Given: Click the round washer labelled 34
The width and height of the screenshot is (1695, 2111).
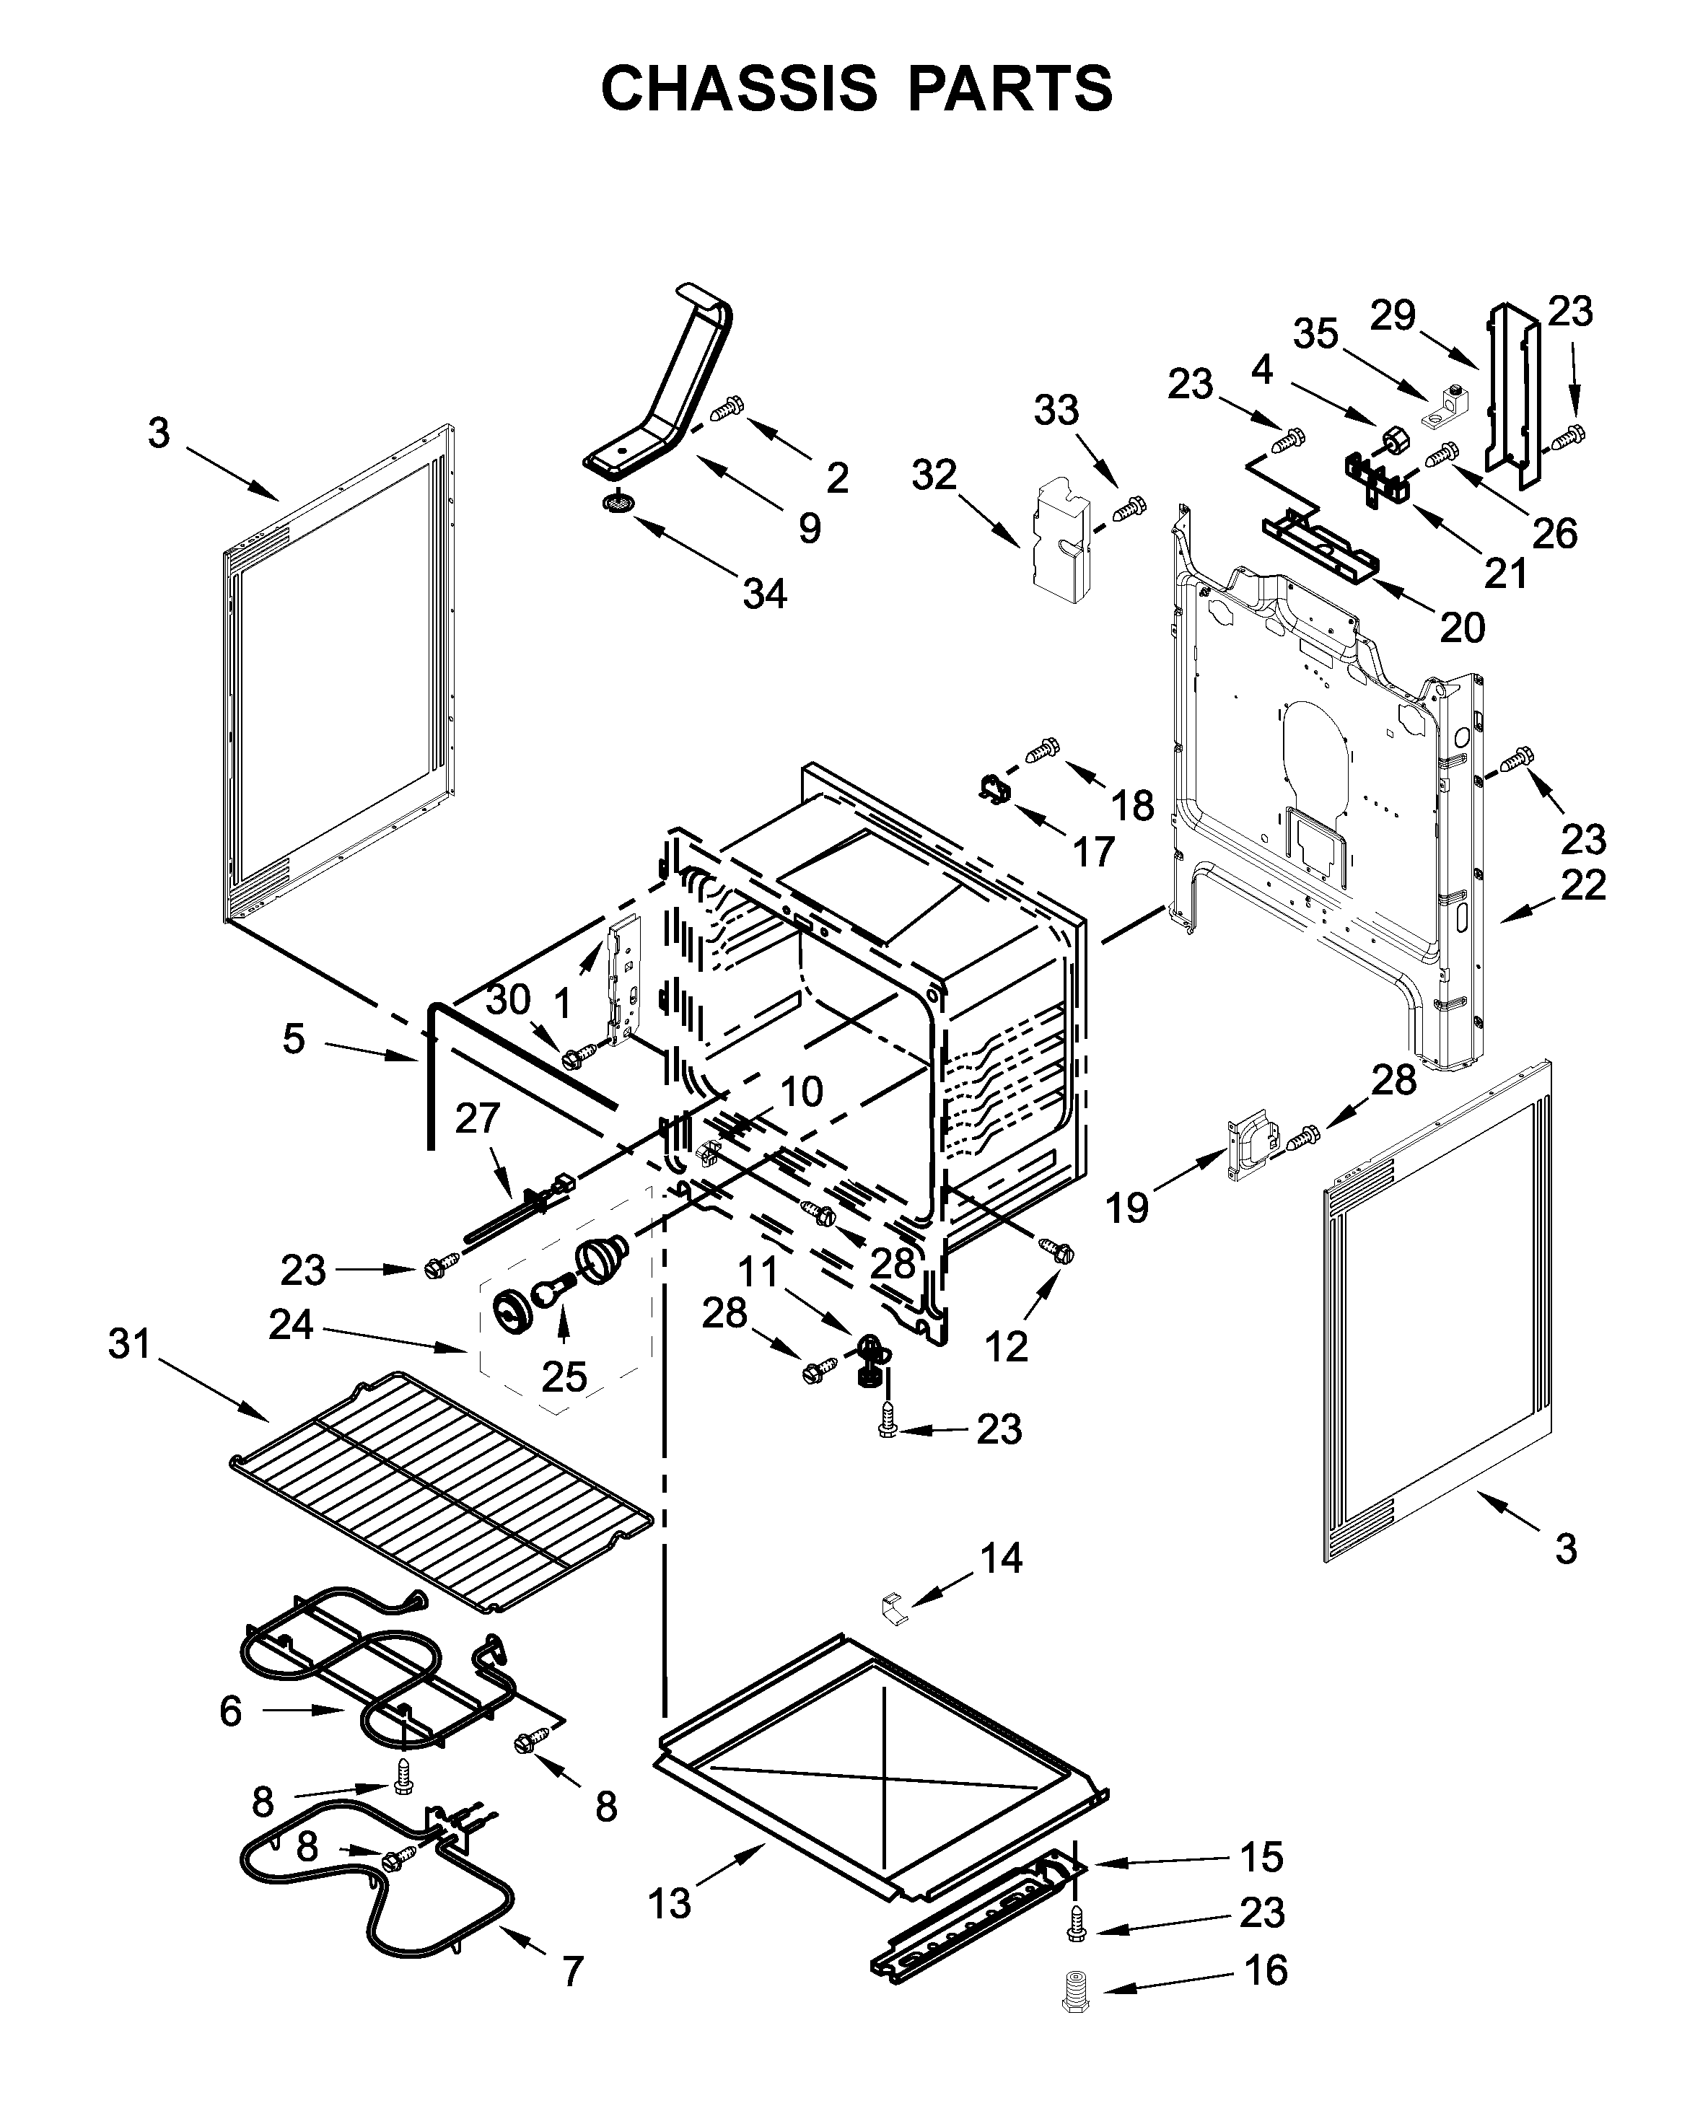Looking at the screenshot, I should (x=617, y=504).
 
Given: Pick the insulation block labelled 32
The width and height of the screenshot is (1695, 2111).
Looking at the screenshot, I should (x=1061, y=537).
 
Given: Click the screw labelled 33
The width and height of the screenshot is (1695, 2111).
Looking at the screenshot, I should (x=1130, y=508).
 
